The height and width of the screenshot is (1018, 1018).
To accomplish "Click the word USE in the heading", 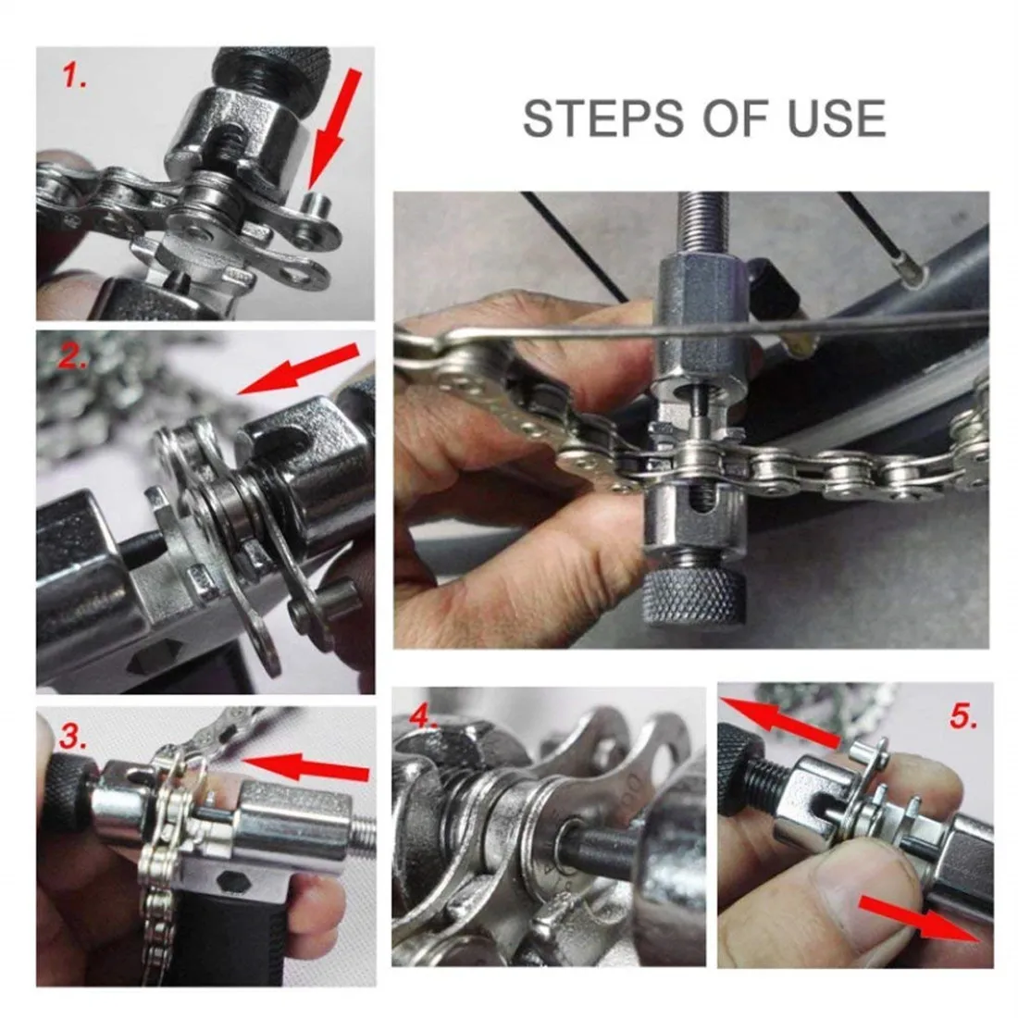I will coord(833,118).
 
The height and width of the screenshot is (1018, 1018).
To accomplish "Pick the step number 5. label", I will coord(962,716).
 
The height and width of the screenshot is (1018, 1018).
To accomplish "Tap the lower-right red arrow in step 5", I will coord(916,916).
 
